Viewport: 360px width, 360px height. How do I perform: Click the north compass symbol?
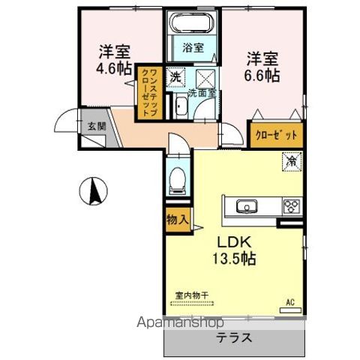[93, 193]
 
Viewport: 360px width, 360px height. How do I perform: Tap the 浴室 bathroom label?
[193, 47]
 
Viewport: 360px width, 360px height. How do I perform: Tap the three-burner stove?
[290, 206]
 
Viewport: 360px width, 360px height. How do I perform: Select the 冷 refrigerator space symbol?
[290, 160]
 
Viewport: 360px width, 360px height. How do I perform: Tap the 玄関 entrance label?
[94, 126]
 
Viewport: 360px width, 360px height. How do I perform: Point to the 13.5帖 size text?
[238, 259]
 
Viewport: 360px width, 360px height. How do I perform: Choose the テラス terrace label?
[235, 337]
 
